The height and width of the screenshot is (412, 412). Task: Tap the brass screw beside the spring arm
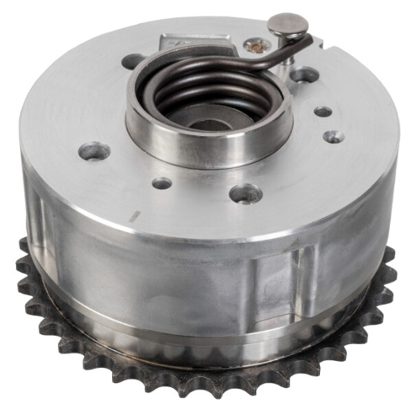[x=256, y=47]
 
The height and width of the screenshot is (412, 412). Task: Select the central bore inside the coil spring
[x=206, y=122]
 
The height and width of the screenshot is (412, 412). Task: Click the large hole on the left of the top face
[x=94, y=150]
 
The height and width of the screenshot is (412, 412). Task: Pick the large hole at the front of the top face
[x=245, y=194]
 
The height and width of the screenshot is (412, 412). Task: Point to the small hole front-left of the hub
[x=162, y=183]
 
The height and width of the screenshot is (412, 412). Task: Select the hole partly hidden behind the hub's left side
[x=133, y=61]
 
